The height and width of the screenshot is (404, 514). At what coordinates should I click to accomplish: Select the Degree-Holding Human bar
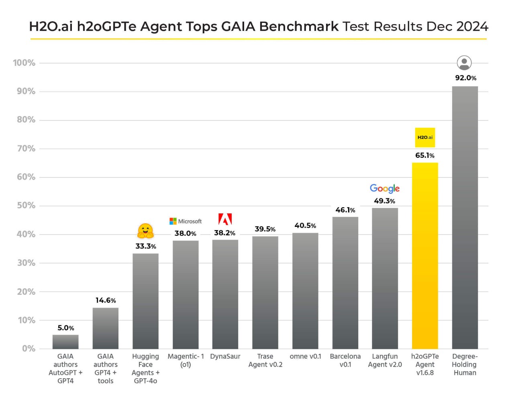465,217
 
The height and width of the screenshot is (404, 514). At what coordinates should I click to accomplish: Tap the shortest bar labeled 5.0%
65,342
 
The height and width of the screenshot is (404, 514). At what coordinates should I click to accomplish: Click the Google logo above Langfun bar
385,188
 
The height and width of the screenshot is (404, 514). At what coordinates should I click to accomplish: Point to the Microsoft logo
186,221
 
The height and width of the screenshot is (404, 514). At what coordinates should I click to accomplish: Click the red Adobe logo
225,219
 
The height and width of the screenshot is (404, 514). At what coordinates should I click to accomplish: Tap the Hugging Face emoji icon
145,231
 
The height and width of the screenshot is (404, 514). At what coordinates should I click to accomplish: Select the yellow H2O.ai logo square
425,137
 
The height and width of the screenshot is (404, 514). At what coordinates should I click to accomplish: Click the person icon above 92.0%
464,63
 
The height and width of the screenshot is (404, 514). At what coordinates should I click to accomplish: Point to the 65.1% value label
425,155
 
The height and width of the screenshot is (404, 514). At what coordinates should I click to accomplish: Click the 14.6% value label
106,300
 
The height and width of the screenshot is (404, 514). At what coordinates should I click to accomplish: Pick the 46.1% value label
345,210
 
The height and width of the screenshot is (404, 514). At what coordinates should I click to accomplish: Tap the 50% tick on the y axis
26,206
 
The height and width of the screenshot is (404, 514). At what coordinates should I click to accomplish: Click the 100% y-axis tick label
24,63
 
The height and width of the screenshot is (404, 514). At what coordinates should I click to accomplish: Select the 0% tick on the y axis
29,349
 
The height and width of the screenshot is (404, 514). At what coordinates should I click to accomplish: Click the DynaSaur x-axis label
225,357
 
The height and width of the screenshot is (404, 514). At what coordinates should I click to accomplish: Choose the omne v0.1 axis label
305,357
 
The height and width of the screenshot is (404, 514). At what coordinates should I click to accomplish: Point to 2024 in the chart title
472,27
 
